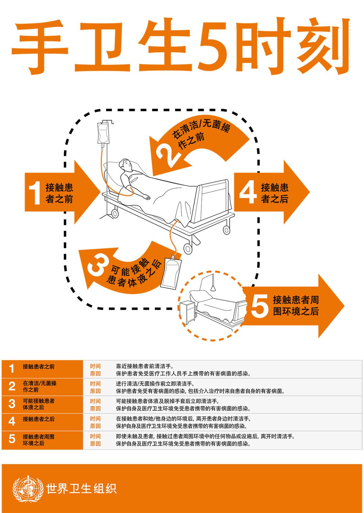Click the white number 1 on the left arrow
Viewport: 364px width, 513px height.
pos(35,193)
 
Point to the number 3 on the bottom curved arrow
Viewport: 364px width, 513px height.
pos(98,265)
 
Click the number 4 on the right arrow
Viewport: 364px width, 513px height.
pos(248,193)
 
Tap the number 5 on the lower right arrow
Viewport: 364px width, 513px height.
pos(260,306)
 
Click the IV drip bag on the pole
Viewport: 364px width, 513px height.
pos(103,133)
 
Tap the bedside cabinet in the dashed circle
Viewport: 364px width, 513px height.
pos(187,312)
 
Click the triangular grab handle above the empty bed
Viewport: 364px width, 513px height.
pos(213,288)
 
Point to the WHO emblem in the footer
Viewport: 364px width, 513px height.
pos(28,489)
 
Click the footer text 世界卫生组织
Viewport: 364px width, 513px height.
pos(81,489)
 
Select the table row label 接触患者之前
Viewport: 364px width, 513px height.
pos(38,367)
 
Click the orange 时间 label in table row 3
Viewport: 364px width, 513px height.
pos(95,401)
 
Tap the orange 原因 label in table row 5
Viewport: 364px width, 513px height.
pos(95,444)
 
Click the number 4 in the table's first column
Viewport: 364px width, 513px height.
pos(12,421)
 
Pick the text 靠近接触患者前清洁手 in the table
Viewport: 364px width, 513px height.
pos(145,366)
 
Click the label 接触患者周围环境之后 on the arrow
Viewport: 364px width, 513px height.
pos(296,305)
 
